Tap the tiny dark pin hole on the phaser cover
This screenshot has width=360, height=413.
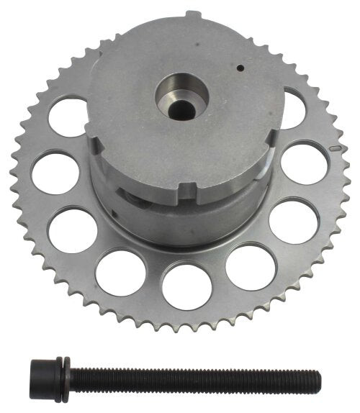[240, 69]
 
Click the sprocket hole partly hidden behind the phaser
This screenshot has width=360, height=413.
[292, 108]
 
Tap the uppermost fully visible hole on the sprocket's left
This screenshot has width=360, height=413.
[69, 117]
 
